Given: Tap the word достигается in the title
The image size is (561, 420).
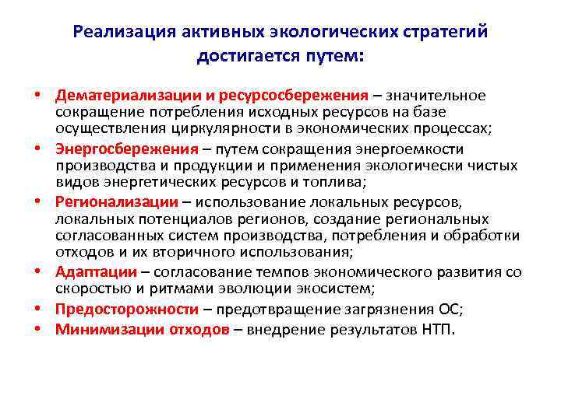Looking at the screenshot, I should [242, 56].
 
